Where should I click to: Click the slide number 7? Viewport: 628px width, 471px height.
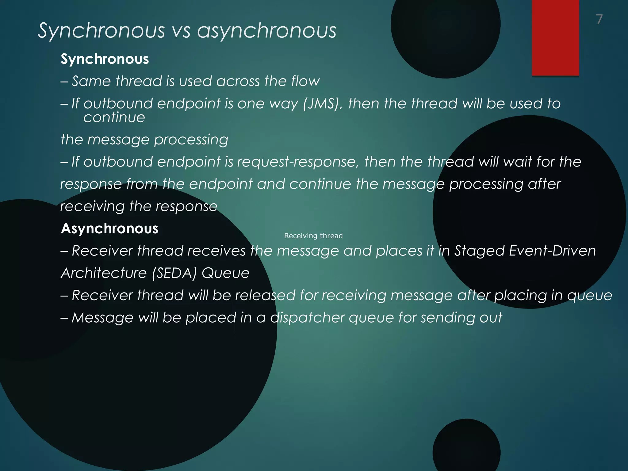click(x=599, y=19)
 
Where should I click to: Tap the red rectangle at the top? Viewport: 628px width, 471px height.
click(x=555, y=37)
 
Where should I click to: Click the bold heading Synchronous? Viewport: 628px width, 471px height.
click(x=105, y=59)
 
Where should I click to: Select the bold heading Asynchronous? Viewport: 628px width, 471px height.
click(x=109, y=228)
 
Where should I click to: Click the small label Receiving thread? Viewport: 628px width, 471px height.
click(x=313, y=236)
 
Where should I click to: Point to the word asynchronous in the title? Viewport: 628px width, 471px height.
click(x=266, y=31)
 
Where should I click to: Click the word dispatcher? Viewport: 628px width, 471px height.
click(x=307, y=317)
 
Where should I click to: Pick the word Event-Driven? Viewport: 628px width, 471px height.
click(x=552, y=251)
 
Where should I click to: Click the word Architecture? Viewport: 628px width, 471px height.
click(x=104, y=273)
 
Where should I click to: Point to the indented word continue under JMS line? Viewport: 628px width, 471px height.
click(x=114, y=117)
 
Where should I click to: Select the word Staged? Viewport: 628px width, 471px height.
click(x=480, y=251)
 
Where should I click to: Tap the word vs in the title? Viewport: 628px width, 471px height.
click(x=181, y=31)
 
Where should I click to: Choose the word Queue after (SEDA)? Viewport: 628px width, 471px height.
click(x=225, y=273)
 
